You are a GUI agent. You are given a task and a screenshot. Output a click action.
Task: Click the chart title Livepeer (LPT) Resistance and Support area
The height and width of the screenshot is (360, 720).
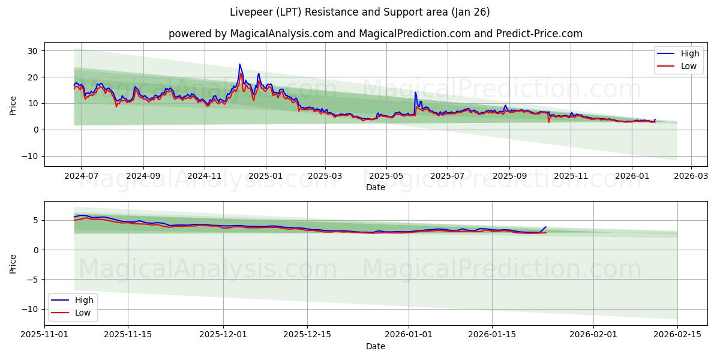[x=360, y=12]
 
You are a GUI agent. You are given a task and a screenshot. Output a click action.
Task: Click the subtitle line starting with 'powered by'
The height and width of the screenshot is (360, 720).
[x=376, y=34]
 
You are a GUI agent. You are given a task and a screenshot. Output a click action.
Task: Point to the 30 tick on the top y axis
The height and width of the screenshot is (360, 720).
[x=32, y=51]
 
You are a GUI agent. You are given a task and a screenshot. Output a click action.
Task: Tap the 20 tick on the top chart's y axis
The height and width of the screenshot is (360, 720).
[x=32, y=77]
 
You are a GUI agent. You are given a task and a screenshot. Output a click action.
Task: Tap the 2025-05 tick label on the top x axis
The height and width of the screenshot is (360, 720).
[x=386, y=177]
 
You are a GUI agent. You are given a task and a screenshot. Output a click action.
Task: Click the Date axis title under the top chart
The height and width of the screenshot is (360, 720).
[x=376, y=187]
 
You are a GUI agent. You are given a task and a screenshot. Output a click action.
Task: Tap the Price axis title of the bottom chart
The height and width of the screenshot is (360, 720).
[x=13, y=263]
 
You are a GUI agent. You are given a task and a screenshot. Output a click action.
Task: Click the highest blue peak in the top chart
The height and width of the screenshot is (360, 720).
[x=239, y=64]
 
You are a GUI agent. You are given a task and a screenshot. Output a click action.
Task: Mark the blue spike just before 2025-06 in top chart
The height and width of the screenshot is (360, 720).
[x=415, y=92]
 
